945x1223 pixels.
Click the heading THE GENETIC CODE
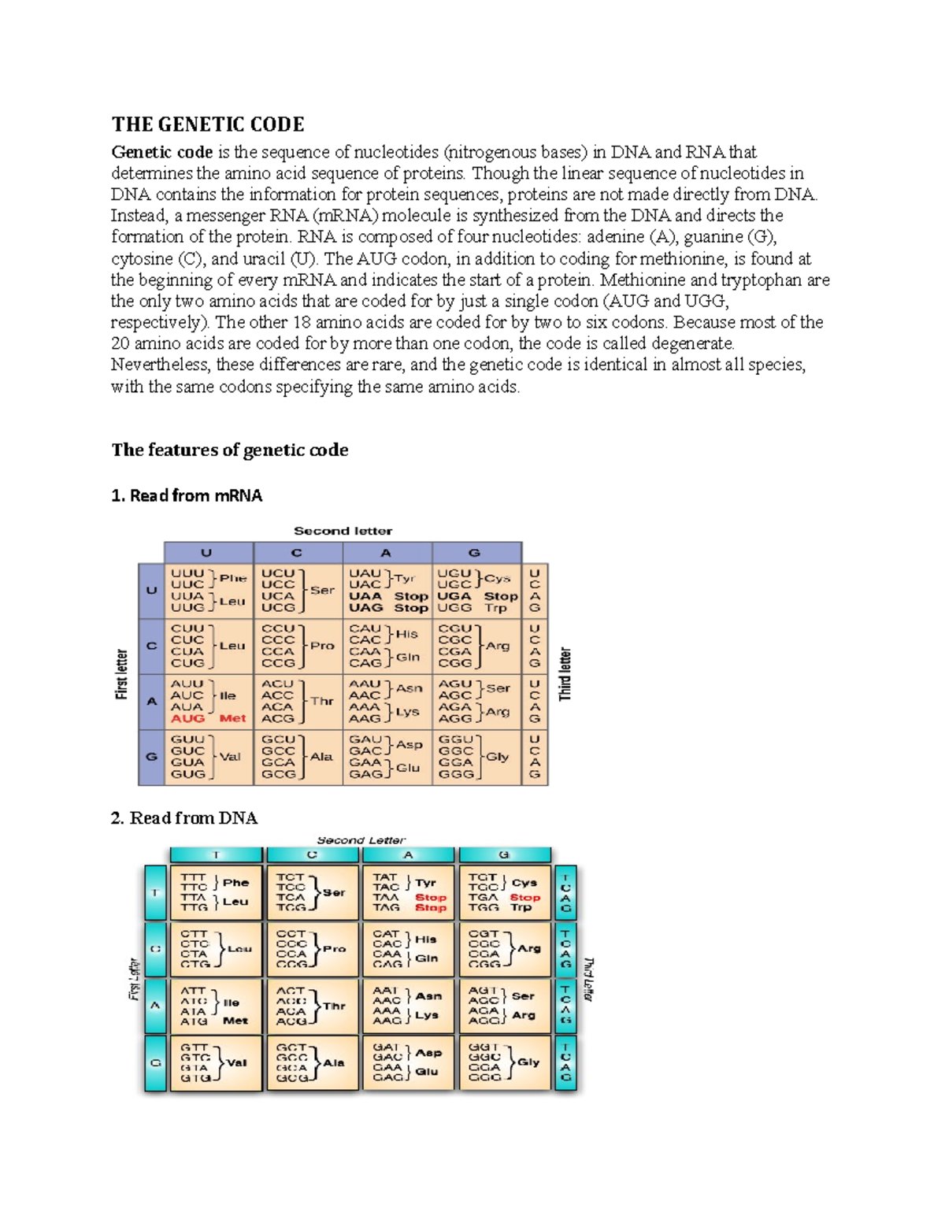208,124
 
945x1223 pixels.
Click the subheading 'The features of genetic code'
230,450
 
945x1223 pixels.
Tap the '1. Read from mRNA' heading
187,495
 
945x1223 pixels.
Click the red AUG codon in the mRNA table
187,718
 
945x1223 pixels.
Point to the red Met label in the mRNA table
232,718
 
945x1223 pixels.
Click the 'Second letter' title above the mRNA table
343,531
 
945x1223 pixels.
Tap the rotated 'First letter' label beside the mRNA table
121,674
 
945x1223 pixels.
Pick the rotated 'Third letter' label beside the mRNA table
565,674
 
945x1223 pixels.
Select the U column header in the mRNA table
207,553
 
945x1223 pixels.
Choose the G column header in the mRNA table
475,553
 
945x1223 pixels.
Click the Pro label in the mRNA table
322,646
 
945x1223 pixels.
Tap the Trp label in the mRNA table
495,608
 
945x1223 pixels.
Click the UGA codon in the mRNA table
454,596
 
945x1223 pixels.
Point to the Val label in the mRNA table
230,757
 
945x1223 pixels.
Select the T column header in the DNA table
216,855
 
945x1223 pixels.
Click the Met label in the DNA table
235,1021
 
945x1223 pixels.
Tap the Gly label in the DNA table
528,1062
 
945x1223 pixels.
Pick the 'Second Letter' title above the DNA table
361,840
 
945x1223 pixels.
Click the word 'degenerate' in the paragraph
693,343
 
